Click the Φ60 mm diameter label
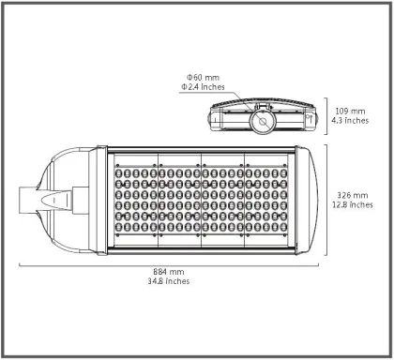[x=204, y=77]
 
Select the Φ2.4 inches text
[x=203, y=86]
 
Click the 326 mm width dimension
[x=353, y=196]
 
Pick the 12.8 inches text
[x=353, y=205]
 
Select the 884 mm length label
[x=169, y=273]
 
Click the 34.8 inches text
[x=169, y=282]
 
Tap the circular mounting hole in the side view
[x=261, y=120]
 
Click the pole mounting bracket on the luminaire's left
[x=47, y=198]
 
